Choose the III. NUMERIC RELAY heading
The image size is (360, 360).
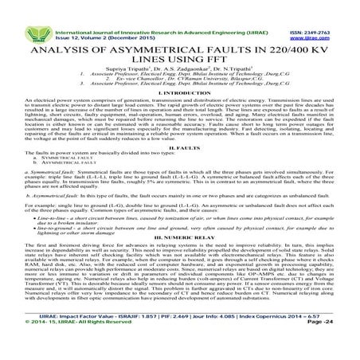point(180,258)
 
